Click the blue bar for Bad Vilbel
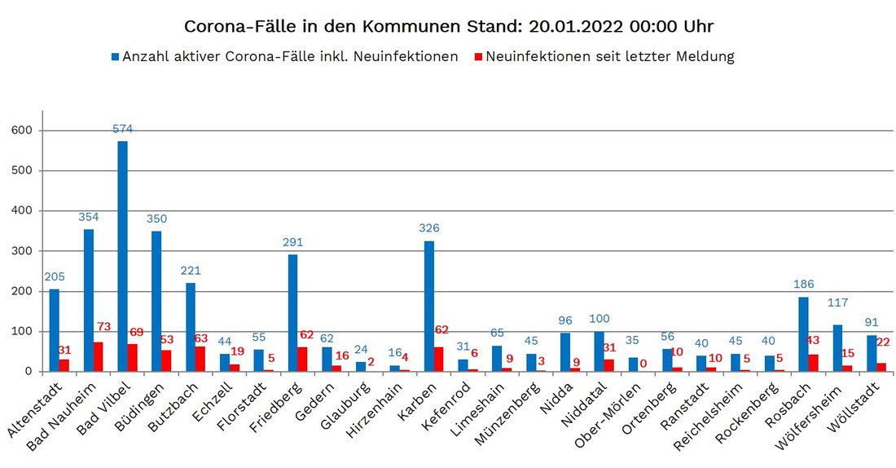tap(122, 256)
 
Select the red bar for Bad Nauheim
tap(99, 357)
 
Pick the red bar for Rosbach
tap(813, 363)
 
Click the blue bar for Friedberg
tap(292, 313)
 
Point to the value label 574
tap(122, 129)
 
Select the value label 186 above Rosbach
tap(803, 285)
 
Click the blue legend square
tap(116, 57)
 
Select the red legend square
tap(479, 57)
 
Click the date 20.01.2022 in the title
tap(573, 26)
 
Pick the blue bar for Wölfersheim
tap(837, 348)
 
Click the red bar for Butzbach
tap(200, 359)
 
